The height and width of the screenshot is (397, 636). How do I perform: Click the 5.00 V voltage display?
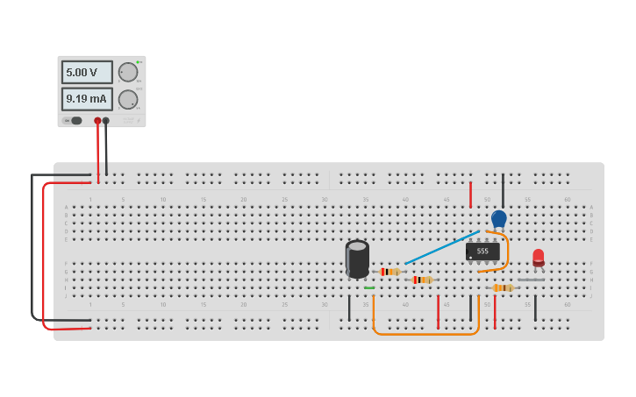pyautogui.click(x=87, y=72)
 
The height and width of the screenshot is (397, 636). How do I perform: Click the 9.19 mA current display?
pyautogui.click(x=87, y=99)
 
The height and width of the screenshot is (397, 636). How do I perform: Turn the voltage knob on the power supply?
pyautogui.click(x=128, y=72)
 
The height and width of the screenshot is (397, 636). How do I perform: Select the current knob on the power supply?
pyautogui.click(x=128, y=99)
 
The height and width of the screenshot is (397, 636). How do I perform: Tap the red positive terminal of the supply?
pyautogui.click(x=97, y=121)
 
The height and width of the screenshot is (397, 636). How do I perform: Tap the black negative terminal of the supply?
pyautogui.click(x=106, y=121)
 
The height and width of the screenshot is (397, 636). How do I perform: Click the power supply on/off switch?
pyautogui.click(x=74, y=121)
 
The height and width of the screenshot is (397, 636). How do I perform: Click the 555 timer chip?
pyautogui.click(x=482, y=252)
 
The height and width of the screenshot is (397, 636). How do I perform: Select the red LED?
pyautogui.click(x=539, y=257)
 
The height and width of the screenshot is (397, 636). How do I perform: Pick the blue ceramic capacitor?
pyautogui.click(x=499, y=218)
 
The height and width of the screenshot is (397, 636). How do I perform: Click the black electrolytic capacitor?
pyautogui.click(x=357, y=259)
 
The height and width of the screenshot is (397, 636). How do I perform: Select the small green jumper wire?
pyautogui.click(x=369, y=287)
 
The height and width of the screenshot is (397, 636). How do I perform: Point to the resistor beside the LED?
pyautogui.click(x=503, y=287)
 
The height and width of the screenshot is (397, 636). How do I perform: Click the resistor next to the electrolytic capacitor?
pyautogui.click(x=389, y=272)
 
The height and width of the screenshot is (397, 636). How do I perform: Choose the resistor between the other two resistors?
pyautogui.click(x=422, y=280)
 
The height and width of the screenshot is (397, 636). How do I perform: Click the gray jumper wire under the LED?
pyautogui.click(x=531, y=280)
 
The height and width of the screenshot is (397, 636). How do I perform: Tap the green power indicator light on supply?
pyautogui.click(x=138, y=62)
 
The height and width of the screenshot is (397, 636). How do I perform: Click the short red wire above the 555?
pyautogui.click(x=471, y=194)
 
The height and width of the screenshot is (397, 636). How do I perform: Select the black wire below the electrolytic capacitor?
pyautogui.click(x=349, y=308)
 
